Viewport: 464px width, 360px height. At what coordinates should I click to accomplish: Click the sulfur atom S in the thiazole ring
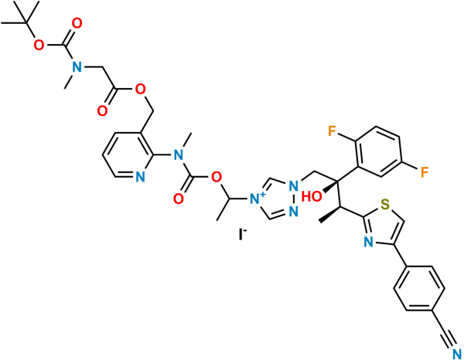click(x=384, y=204)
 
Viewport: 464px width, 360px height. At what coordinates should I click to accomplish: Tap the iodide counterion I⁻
click(x=243, y=234)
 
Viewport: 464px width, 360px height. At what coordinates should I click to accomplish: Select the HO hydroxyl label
click(x=312, y=196)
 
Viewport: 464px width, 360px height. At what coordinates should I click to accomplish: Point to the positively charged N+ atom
click(x=257, y=199)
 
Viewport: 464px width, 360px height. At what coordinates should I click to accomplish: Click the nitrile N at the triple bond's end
click(x=457, y=354)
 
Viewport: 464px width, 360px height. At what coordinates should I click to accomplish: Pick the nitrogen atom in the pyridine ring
click(x=140, y=177)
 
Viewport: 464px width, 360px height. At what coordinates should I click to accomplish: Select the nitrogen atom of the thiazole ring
click(x=368, y=242)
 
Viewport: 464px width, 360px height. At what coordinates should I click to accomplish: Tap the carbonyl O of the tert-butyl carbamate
click(x=77, y=23)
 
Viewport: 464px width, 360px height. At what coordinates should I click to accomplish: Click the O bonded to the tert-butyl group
click(x=39, y=46)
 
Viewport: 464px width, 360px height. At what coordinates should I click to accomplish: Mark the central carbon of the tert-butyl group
click(x=26, y=22)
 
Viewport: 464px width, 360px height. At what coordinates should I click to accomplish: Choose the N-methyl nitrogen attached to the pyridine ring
click(x=178, y=155)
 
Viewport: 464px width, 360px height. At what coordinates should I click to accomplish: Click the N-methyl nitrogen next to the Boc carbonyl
click(x=77, y=67)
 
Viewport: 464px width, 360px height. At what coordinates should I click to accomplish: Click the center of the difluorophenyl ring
click(x=378, y=152)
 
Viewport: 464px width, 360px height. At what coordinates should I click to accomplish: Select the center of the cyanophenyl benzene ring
click(x=419, y=288)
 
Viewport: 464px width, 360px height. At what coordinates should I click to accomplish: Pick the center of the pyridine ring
click(x=128, y=155)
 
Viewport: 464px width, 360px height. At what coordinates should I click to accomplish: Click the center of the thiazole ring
click(x=382, y=226)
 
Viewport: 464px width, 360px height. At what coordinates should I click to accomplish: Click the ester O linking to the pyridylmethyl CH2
click(x=140, y=90)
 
